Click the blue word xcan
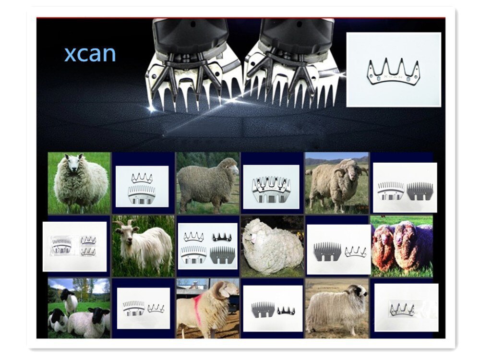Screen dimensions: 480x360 click(x=90, y=54)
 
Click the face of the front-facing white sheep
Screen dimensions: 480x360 click(x=73, y=163)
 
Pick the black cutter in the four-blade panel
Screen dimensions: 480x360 click(x=222, y=237)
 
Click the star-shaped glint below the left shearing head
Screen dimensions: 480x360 click(x=151, y=108)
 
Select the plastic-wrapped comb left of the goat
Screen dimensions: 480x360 click(x=62, y=245)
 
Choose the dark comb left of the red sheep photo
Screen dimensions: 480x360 click(x=327, y=252)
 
